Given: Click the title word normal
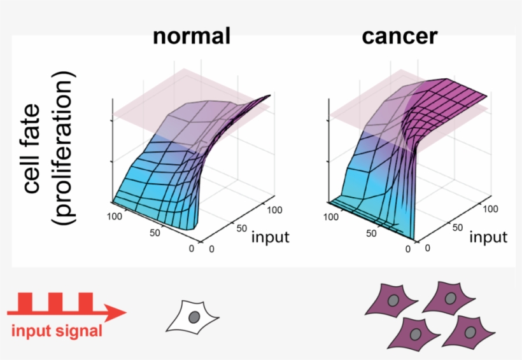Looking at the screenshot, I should click(191, 36).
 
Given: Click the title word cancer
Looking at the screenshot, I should click(400, 36).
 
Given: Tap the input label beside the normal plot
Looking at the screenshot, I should click(270, 237).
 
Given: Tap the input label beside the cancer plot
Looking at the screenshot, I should click(488, 237).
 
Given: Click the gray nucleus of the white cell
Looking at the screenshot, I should click(194, 316).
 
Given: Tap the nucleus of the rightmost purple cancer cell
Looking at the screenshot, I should click(470, 331).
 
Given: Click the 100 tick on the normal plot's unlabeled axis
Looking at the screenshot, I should click(114, 217).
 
